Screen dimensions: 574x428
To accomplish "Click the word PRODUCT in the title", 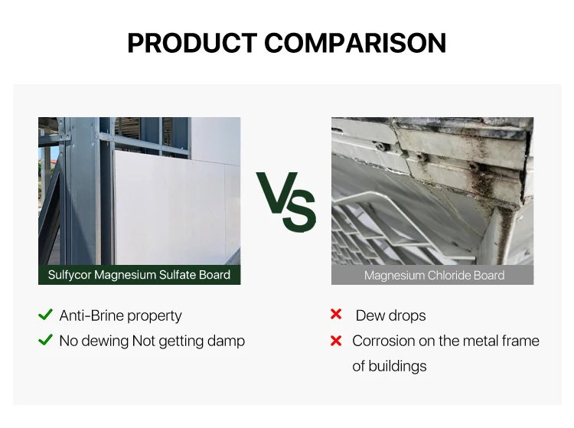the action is pos(192,43).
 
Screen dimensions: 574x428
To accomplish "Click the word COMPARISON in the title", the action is pos(355,43).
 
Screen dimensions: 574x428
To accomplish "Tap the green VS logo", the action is pos(286,201).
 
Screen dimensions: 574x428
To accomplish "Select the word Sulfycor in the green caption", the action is pos(70,275).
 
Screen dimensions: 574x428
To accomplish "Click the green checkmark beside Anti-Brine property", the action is pos(45,315).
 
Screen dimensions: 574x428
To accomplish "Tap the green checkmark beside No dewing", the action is pos(45,340).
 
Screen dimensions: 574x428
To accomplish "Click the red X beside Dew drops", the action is pos(336,314).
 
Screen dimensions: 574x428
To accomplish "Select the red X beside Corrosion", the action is pos(336,341).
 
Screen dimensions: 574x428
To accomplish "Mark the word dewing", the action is pos(109,341).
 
